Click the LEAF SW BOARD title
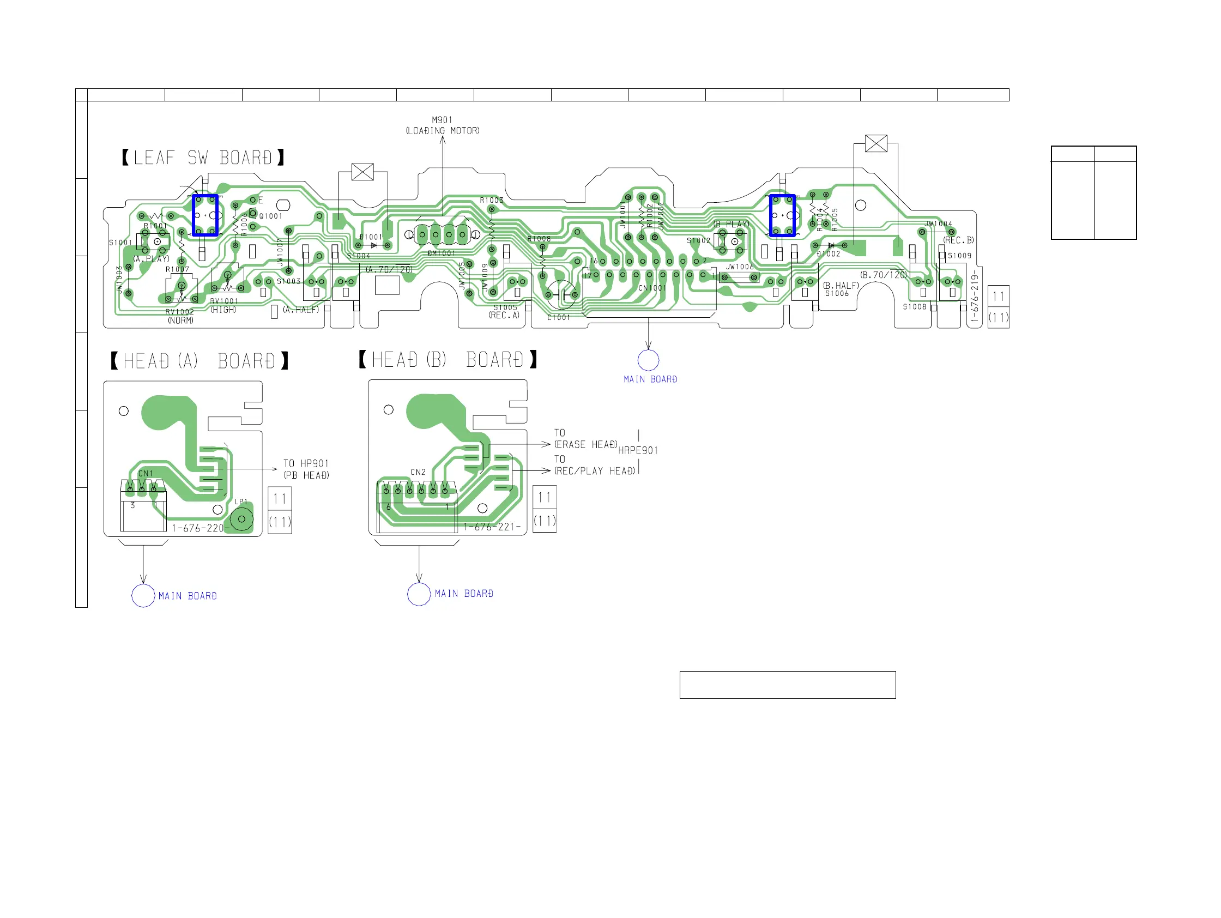tap(203, 158)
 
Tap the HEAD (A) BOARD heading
tap(200, 361)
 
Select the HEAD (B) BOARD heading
tap(448, 360)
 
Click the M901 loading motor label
tap(442, 125)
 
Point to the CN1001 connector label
tap(652, 288)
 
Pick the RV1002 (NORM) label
tap(180, 316)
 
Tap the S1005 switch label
tap(505, 308)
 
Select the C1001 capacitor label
tap(559, 318)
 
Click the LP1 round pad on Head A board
tap(242, 520)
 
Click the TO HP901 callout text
tap(306, 464)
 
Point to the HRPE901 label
tap(638, 451)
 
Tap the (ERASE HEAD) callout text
tap(585, 445)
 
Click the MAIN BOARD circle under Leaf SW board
tap(648, 360)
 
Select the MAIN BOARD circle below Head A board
tap(143, 596)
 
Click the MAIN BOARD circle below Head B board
tap(419, 594)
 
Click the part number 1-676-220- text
tap(198, 528)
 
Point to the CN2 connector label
tap(418, 473)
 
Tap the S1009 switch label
tap(959, 256)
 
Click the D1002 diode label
tap(829, 255)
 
